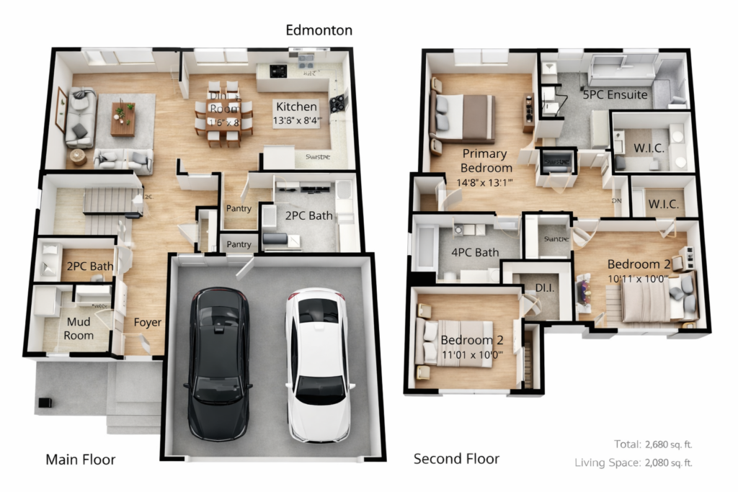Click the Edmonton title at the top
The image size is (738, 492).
(319, 30)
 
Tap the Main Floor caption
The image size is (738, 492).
(80, 459)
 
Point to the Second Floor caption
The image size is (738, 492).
(456, 459)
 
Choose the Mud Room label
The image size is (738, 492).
(79, 329)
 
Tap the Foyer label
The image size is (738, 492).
(147, 322)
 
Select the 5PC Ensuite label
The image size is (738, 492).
(615, 94)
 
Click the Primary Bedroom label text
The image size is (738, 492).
(484, 161)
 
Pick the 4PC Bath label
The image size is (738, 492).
(475, 252)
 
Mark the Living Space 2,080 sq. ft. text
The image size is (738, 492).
(633, 462)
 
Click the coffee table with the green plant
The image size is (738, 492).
(123, 118)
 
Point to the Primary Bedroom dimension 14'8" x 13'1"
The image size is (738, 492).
(484, 182)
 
